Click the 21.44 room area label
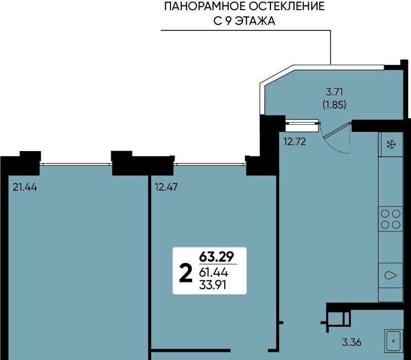25,187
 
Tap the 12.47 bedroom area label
166,187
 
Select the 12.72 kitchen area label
295,142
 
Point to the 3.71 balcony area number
334,92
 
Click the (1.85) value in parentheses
334,105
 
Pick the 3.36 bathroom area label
352,342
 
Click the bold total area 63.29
216,257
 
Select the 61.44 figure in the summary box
213,273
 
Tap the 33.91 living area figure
213,285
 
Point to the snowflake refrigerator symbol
392,145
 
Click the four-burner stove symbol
391,220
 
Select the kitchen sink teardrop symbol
390,275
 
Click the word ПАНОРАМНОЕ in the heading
205,6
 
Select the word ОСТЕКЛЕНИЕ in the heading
287,6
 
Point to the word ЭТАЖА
255,21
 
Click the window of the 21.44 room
76,164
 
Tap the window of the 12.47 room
210,164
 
